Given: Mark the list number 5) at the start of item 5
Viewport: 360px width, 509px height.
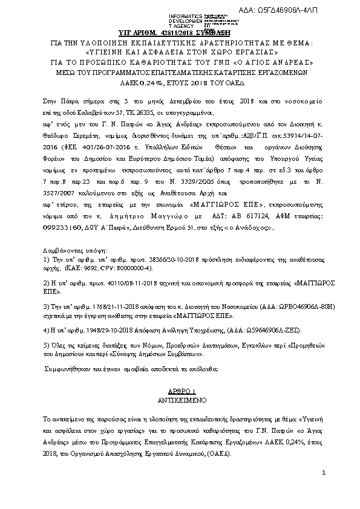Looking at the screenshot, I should tap(46, 345).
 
